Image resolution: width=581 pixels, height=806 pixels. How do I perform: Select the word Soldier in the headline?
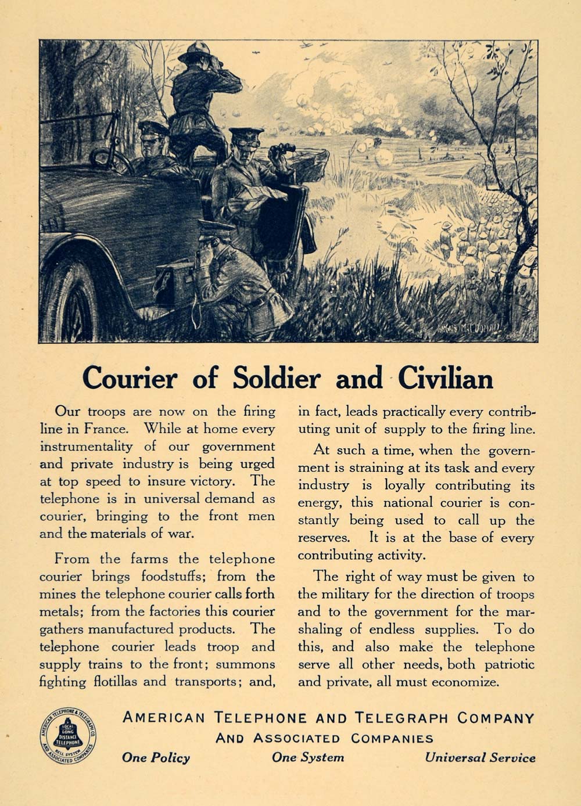[277, 379]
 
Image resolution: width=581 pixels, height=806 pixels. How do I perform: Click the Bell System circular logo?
[67, 736]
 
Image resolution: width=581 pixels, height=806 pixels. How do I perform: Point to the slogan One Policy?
[156, 758]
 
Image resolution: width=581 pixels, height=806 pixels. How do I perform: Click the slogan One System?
[308, 758]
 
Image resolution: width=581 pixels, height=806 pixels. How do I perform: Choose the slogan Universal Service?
[480, 758]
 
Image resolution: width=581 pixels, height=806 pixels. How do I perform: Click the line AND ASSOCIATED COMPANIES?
[324, 739]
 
